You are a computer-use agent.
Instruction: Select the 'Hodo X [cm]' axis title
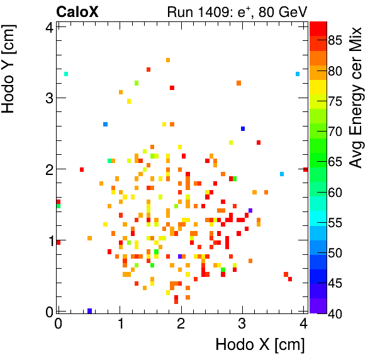coord(260,345)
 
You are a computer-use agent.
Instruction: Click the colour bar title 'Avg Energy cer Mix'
coord(356,98)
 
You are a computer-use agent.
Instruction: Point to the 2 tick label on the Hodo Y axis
coord(47,169)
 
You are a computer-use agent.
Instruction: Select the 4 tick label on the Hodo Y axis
coord(47,26)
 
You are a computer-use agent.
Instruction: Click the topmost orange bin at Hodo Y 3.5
coord(168,60)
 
